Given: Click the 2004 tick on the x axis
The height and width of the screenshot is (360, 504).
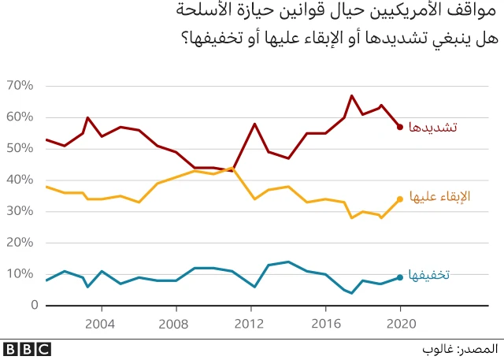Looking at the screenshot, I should coord(100,323).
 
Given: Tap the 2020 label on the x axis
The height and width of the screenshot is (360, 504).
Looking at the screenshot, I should coord(400,323).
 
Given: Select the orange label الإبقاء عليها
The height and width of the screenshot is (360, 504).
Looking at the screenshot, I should coord(440,197).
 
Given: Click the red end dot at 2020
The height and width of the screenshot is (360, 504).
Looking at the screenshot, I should coord(400,127).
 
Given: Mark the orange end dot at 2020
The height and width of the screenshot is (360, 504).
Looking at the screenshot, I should coord(400,199).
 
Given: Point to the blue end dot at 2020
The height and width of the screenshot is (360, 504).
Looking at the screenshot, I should coord(400,277).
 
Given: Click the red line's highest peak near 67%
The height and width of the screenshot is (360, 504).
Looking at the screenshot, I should coord(351,95).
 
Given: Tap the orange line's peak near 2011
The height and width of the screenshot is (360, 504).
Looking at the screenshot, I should coord(234,168).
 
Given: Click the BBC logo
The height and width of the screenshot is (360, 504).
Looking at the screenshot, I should coord(27,347).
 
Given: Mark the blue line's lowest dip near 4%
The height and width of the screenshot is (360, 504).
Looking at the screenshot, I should coord(351,293).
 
